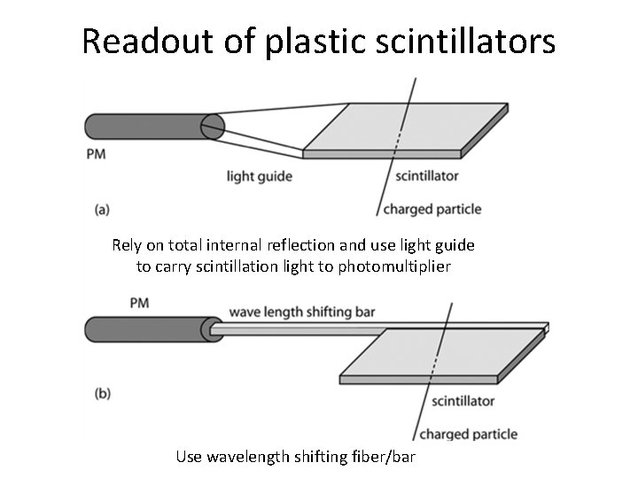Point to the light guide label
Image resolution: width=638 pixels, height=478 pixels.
[260, 176]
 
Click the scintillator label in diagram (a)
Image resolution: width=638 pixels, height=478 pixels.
[427, 175]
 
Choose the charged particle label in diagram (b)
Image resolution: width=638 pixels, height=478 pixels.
[469, 434]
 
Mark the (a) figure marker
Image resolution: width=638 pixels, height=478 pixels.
[102, 210]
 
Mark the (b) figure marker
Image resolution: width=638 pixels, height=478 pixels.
[103, 393]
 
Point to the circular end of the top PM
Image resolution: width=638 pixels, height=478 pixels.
[213, 127]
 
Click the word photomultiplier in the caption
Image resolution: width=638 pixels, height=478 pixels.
[398, 266]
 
